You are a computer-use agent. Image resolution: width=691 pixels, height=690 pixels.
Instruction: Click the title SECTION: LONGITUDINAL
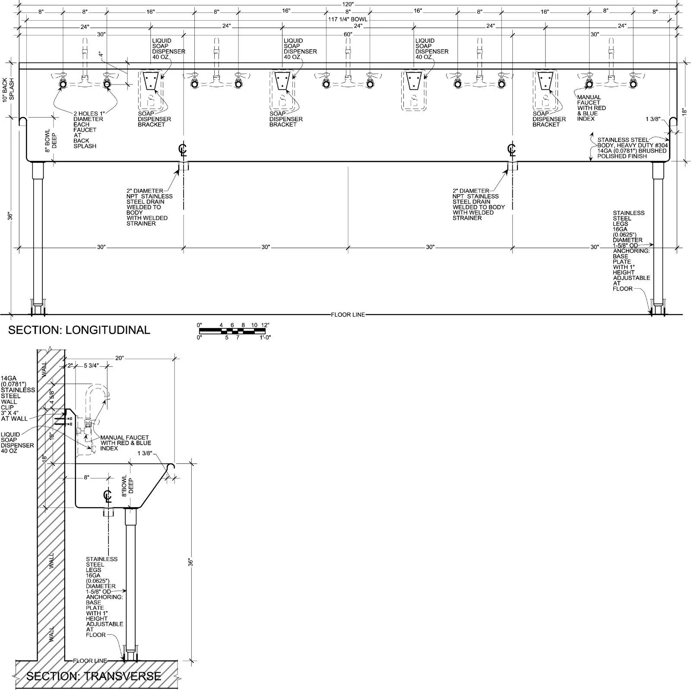coord(79,330)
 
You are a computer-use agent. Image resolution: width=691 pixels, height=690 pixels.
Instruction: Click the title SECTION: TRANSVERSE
coord(94,676)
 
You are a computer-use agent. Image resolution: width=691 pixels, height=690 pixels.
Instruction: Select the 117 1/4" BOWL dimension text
coord(348,19)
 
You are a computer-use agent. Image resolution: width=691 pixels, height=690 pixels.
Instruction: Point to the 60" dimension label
coord(348,34)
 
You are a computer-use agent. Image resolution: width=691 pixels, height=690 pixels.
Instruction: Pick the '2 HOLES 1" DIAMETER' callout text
coord(88,116)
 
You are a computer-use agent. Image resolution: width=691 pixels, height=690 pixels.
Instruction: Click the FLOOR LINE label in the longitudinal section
coord(348,315)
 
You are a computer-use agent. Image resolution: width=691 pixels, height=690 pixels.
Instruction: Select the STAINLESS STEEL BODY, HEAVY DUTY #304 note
coord(632,148)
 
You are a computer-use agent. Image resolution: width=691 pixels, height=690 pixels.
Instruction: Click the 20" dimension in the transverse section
coord(120,358)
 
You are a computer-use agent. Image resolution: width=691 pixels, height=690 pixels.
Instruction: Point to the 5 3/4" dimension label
coord(91,365)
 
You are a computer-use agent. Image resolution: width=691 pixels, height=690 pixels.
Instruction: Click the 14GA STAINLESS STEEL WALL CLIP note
coord(17,398)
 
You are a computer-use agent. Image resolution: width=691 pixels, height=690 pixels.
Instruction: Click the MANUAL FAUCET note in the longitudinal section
coord(591,108)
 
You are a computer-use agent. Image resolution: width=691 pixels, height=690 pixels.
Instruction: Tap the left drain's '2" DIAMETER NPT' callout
coord(149,207)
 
